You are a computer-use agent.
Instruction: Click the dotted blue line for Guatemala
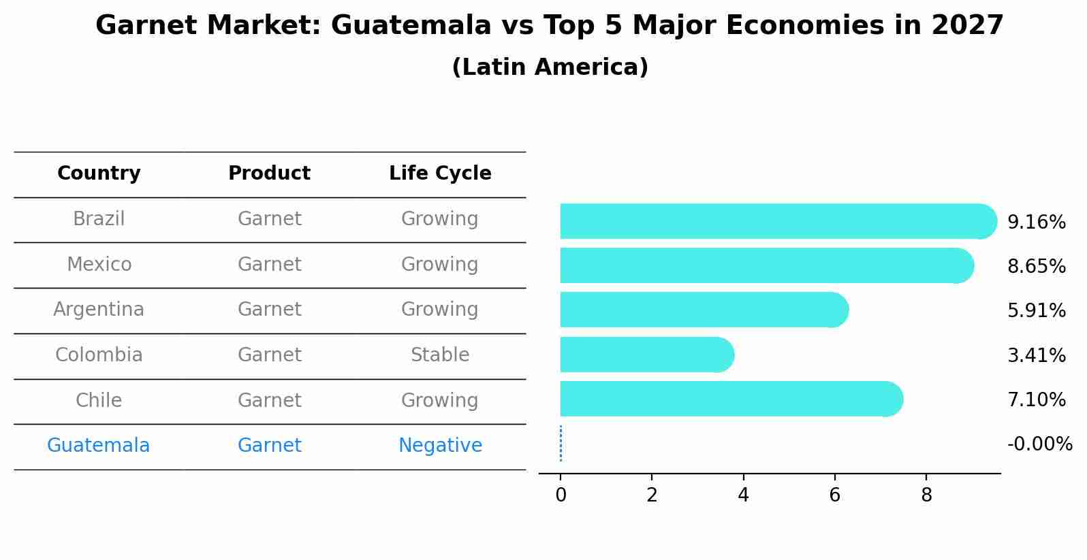561,444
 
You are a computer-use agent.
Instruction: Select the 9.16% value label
1036,223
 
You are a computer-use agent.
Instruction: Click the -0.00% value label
1039,444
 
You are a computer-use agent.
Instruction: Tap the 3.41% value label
1036,355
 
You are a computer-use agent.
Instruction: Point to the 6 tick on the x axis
834,495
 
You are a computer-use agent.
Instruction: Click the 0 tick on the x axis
561,495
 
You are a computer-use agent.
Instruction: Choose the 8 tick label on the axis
926,495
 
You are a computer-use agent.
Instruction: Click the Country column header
99,174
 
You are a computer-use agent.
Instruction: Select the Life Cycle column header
440,174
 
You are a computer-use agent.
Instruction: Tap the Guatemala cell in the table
98,446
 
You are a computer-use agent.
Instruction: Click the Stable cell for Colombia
440,355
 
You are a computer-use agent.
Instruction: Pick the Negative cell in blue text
440,446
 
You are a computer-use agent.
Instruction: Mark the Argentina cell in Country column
99,310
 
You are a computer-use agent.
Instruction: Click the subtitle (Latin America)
550,67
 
